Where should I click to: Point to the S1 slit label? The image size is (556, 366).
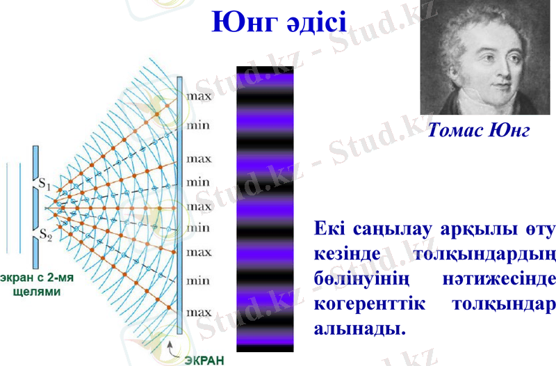click(45, 185)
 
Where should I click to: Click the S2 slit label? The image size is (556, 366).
click(45, 234)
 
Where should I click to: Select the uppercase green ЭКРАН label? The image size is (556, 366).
click(205, 359)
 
